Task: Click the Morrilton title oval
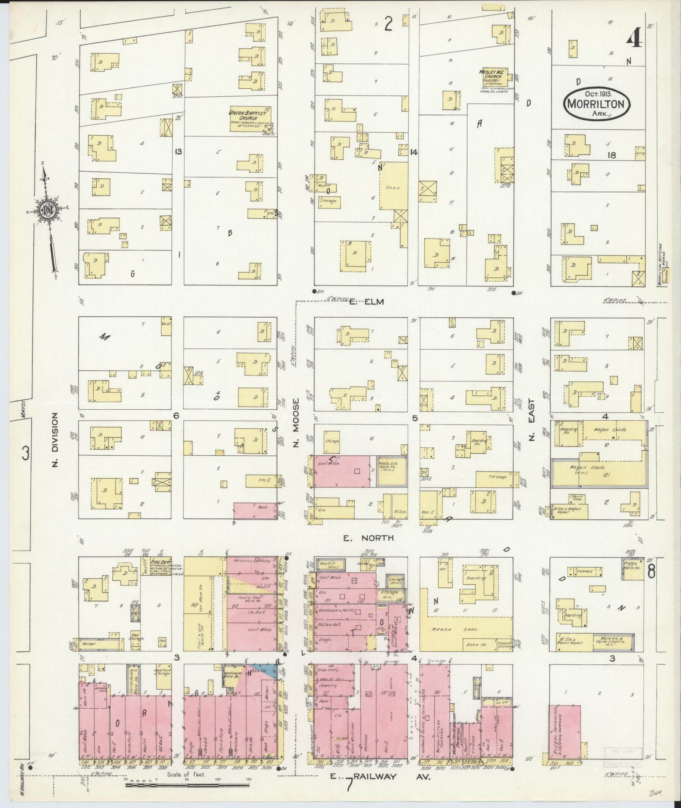596,103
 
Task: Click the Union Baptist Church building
250,119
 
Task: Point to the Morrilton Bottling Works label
661,264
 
